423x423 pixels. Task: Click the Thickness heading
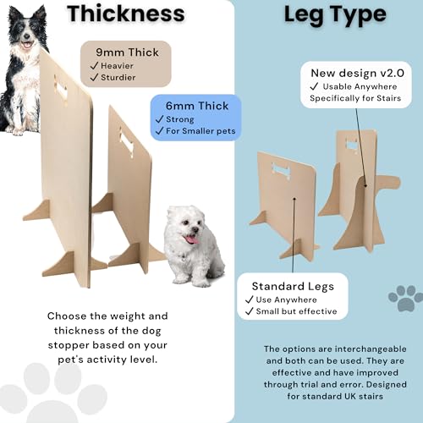coord(126,14)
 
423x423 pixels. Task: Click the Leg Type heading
coord(335,14)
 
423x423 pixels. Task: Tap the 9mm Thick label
coord(127,52)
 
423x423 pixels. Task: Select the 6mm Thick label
coord(197,106)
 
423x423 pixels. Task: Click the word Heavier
coord(117,66)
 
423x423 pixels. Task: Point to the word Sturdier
coord(118,77)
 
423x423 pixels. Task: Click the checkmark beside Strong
coord(160,119)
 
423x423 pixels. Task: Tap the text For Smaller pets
coord(201,131)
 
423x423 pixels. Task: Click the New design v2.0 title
coord(357,73)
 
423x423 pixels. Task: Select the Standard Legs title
coord(293,286)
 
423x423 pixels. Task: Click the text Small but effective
coord(296,311)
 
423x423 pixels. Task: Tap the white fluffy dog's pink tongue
coord(192,239)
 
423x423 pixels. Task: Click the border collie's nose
coord(27,36)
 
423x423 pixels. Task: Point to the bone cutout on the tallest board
coord(61,89)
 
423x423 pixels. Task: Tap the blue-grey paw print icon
coord(406,298)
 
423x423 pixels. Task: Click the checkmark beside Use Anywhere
coord(250,299)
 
